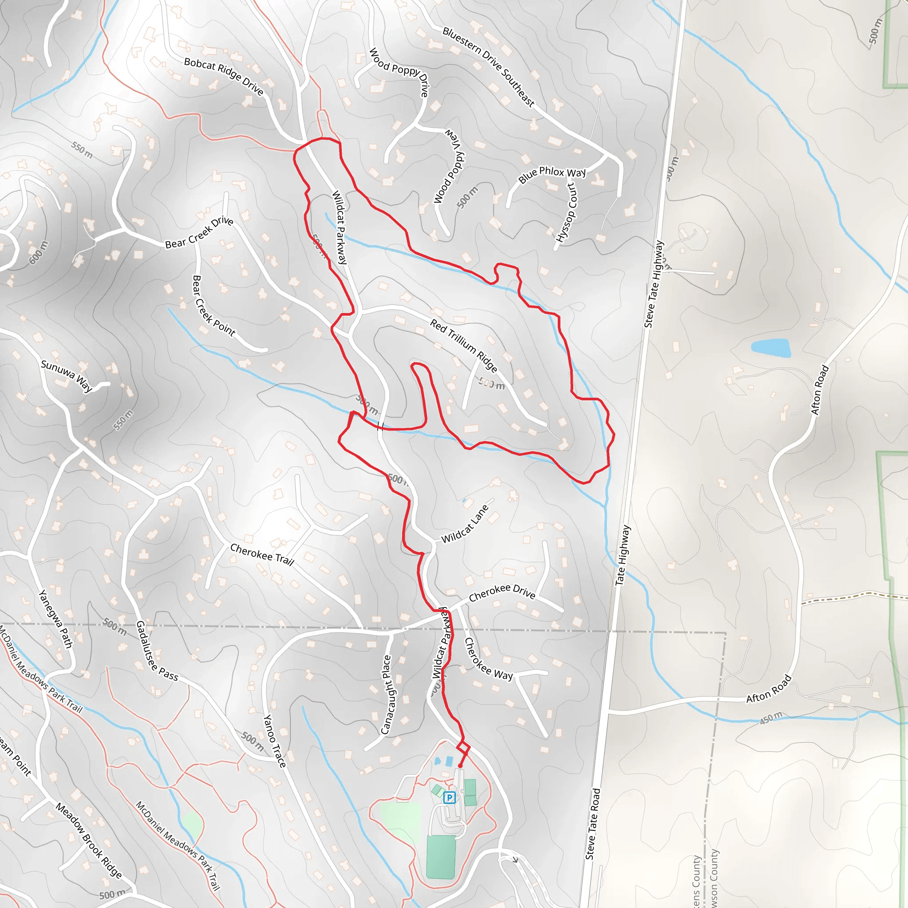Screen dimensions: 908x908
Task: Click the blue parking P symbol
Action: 449,797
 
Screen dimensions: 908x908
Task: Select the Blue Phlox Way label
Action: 552,174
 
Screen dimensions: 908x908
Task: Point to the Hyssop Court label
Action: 566,212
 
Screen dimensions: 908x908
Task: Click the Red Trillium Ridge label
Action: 463,345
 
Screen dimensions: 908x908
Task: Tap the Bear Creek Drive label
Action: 199,232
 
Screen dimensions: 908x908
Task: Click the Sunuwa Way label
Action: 66,376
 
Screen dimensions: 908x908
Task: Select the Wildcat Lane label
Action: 465,524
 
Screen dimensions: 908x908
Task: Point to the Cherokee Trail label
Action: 262,555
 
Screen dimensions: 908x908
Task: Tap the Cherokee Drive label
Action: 502,593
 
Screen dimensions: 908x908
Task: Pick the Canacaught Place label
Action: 386,694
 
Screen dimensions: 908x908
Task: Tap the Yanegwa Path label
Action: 55,618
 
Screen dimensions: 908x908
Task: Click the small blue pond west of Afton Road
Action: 770,348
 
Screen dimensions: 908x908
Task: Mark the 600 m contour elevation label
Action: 38,252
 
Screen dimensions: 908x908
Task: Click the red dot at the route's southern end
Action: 460,766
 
